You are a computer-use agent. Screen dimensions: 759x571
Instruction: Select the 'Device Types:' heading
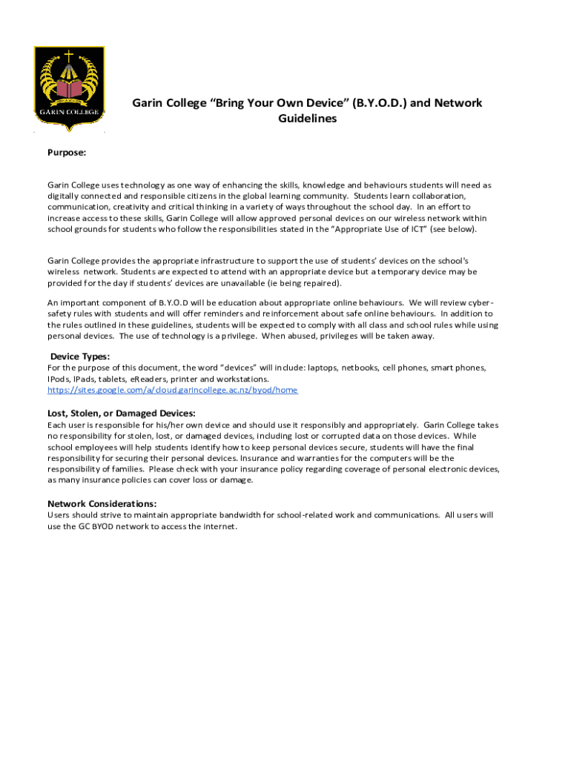(x=80, y=357)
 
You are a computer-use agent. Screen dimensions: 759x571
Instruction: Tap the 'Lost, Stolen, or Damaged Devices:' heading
(x=122, y=413)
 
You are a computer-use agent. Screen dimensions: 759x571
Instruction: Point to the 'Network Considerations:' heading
(x=102, y=503)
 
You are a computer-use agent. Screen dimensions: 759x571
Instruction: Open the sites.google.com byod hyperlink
(x=173, y=390)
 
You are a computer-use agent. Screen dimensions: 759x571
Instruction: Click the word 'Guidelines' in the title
(x=307, y=119)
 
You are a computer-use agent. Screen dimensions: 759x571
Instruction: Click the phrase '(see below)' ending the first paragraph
(x=452, y=229)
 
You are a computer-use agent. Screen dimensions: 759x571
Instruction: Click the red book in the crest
(x=69, y=90)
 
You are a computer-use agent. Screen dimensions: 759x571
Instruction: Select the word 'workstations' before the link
(x=242, y=379)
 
